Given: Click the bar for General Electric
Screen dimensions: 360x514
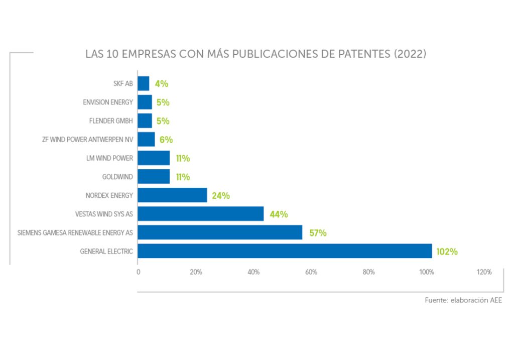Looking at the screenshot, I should (285, 251).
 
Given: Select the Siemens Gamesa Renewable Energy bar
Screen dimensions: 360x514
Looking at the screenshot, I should (220, 232).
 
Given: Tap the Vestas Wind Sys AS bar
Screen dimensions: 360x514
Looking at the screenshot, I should (200, 214).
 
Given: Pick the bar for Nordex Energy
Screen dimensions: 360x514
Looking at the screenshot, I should (172, 195).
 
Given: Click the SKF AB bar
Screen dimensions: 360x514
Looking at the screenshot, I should (143, 83).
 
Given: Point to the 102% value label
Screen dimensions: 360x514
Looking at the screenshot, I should (447, 252).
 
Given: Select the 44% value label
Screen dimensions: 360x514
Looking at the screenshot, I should (279, 214).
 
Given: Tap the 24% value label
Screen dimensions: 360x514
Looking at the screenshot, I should (220, 196).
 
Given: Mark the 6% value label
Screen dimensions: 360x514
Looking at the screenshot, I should (166, 140).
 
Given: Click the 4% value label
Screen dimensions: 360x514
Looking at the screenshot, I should (161, 84).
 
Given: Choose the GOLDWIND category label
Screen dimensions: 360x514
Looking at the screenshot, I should (117, 177).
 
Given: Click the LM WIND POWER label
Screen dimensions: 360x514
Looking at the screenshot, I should (109, 158).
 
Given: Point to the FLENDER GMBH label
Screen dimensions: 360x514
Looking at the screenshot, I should (108, 121).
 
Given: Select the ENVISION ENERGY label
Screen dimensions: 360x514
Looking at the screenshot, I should (108, 102).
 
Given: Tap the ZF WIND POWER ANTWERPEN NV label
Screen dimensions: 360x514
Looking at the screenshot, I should (88, 140).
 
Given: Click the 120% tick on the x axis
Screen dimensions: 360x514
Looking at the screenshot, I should (484, 272).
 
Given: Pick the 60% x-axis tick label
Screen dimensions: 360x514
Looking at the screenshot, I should (311, 272).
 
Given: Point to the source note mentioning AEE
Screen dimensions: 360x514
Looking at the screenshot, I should (463, 300).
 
